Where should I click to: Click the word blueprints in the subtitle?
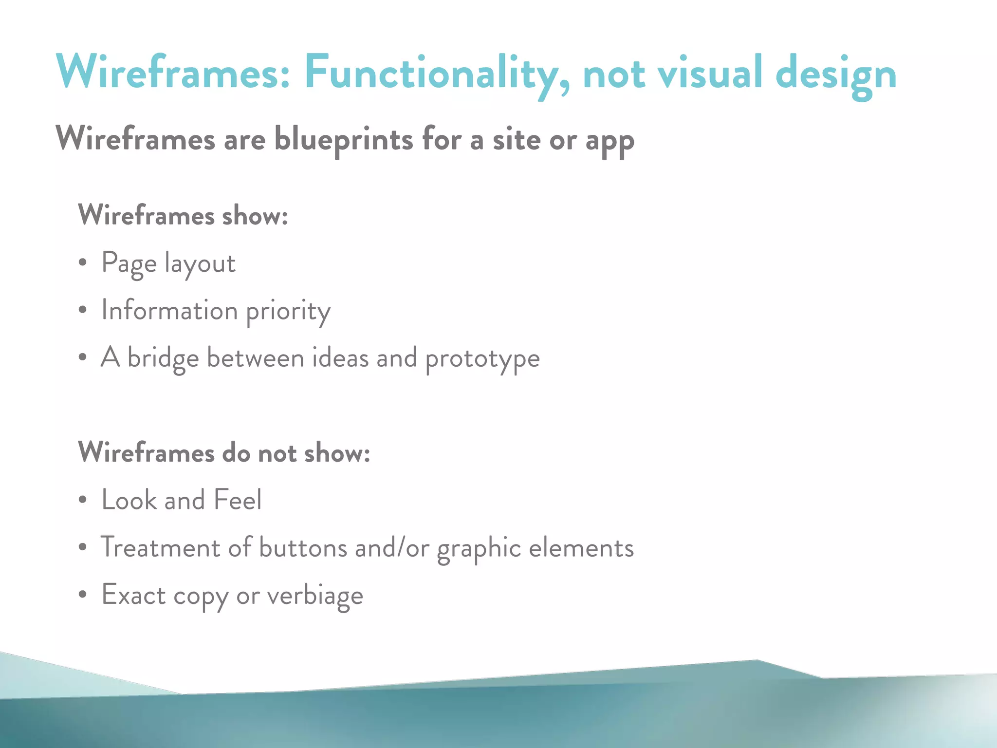[x=344, y=139]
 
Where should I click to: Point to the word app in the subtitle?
[x=609, y=141]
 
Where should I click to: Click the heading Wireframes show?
[x=183, y=215]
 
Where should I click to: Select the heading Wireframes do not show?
[x=224, y=452]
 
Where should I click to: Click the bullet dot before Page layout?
[x=83, y=262]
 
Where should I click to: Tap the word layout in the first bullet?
[x=200, y=264]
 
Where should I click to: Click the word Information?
[x=169, y=310]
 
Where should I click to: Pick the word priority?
[x=288, y=312]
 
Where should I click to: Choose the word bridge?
[x=163, y=358]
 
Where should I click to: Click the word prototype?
[x=482, y=359]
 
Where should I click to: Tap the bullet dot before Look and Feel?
[x=83, y=500]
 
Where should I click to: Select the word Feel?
[x=238, y=500]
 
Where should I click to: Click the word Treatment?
[x=160, y=547]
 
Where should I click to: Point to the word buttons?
[x=303, y=547]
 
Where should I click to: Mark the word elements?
[x=581, y=547]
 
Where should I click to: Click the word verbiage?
[x=315, y=596]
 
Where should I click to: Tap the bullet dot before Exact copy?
[x=83, y=595]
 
